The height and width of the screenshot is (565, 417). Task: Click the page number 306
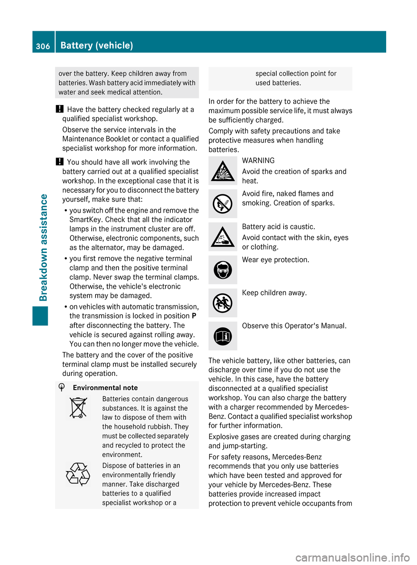pos(43,46)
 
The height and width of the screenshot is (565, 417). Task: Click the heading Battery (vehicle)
pos(96,45)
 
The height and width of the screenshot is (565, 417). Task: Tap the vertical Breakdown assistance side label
pos(43,247)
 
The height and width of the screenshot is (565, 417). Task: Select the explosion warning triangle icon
pos(222,171)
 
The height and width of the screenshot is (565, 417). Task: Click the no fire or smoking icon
pos(222,204)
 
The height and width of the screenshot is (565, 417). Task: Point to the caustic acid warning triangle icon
pos(222,237)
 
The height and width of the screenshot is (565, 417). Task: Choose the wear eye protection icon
pos(222,270)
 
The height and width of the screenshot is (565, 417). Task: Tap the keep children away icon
pos(222,303)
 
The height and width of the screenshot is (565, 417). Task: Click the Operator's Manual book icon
pos(222,336)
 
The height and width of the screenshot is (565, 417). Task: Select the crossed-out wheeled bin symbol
pos(78,408)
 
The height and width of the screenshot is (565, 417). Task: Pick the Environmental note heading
pos(105,388)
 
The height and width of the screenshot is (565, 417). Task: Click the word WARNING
pos(258,161)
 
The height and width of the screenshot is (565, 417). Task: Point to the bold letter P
pos(194,316)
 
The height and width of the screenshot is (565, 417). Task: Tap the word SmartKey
pos(86,220)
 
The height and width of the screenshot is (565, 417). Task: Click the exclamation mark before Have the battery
pos(60,109)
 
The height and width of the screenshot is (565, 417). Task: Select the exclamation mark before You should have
pos(60,162)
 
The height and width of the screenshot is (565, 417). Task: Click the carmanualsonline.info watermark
pos(352,557)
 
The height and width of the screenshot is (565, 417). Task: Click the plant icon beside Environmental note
pos(62,388)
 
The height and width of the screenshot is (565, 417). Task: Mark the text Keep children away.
pos(274,293)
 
